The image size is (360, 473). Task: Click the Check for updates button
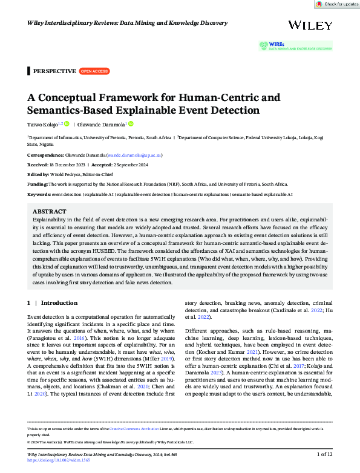click(x=336, y=4)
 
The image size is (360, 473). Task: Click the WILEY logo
click(x=310, y=25)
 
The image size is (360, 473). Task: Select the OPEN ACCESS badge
click(x=94, y=71)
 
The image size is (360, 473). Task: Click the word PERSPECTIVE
click(x=54, y=71)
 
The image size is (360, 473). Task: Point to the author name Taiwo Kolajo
click(x=44, y=124)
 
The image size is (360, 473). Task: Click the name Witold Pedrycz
click(x=70, y=174)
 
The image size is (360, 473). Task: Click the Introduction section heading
click(x=59, y=303)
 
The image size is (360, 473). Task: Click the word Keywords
click(x=38, y=194)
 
